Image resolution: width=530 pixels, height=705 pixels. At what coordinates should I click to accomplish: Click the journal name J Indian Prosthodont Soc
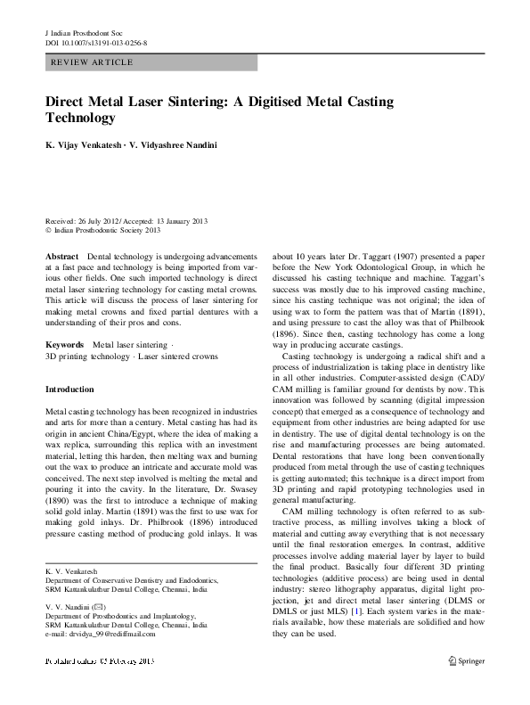coord(83,32)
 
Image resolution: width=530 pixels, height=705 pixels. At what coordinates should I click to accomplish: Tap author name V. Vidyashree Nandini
coord(180,142)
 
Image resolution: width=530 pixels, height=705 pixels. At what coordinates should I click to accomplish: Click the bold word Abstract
coord(62,255)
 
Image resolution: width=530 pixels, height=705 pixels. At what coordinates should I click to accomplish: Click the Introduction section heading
coord(69,389)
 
